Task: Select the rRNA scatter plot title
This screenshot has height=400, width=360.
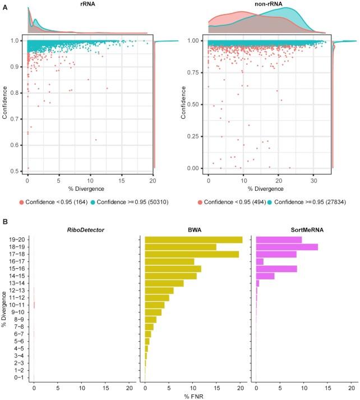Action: coord(86,4)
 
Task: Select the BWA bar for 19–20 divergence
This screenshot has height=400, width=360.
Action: coord(193,240)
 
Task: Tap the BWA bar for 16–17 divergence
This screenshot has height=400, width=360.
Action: coord(169,261)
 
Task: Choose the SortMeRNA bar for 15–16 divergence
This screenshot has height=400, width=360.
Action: coord(276,269)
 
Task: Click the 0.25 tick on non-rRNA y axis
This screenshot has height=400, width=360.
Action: coord(195,136)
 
